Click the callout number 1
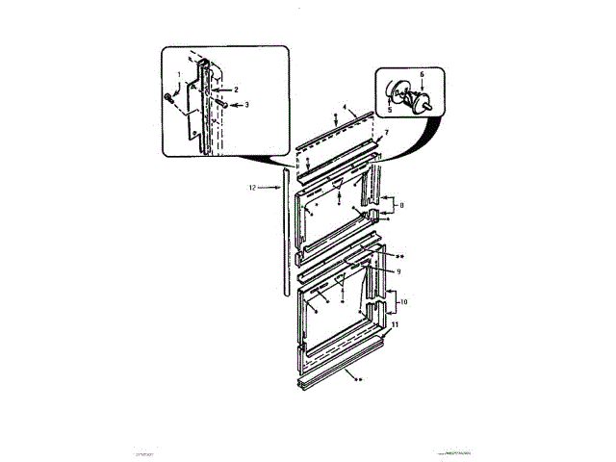pos(178,74)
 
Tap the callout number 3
pos(246,104)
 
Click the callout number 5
pos(390,112)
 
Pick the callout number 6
pos(421,74)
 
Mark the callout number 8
pos(401,205)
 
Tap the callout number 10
pos(403,302)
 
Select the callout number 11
pos(395,325)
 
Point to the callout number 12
pos(252,189)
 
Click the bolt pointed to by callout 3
pos(220,103)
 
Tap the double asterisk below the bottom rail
pos(359,380)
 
